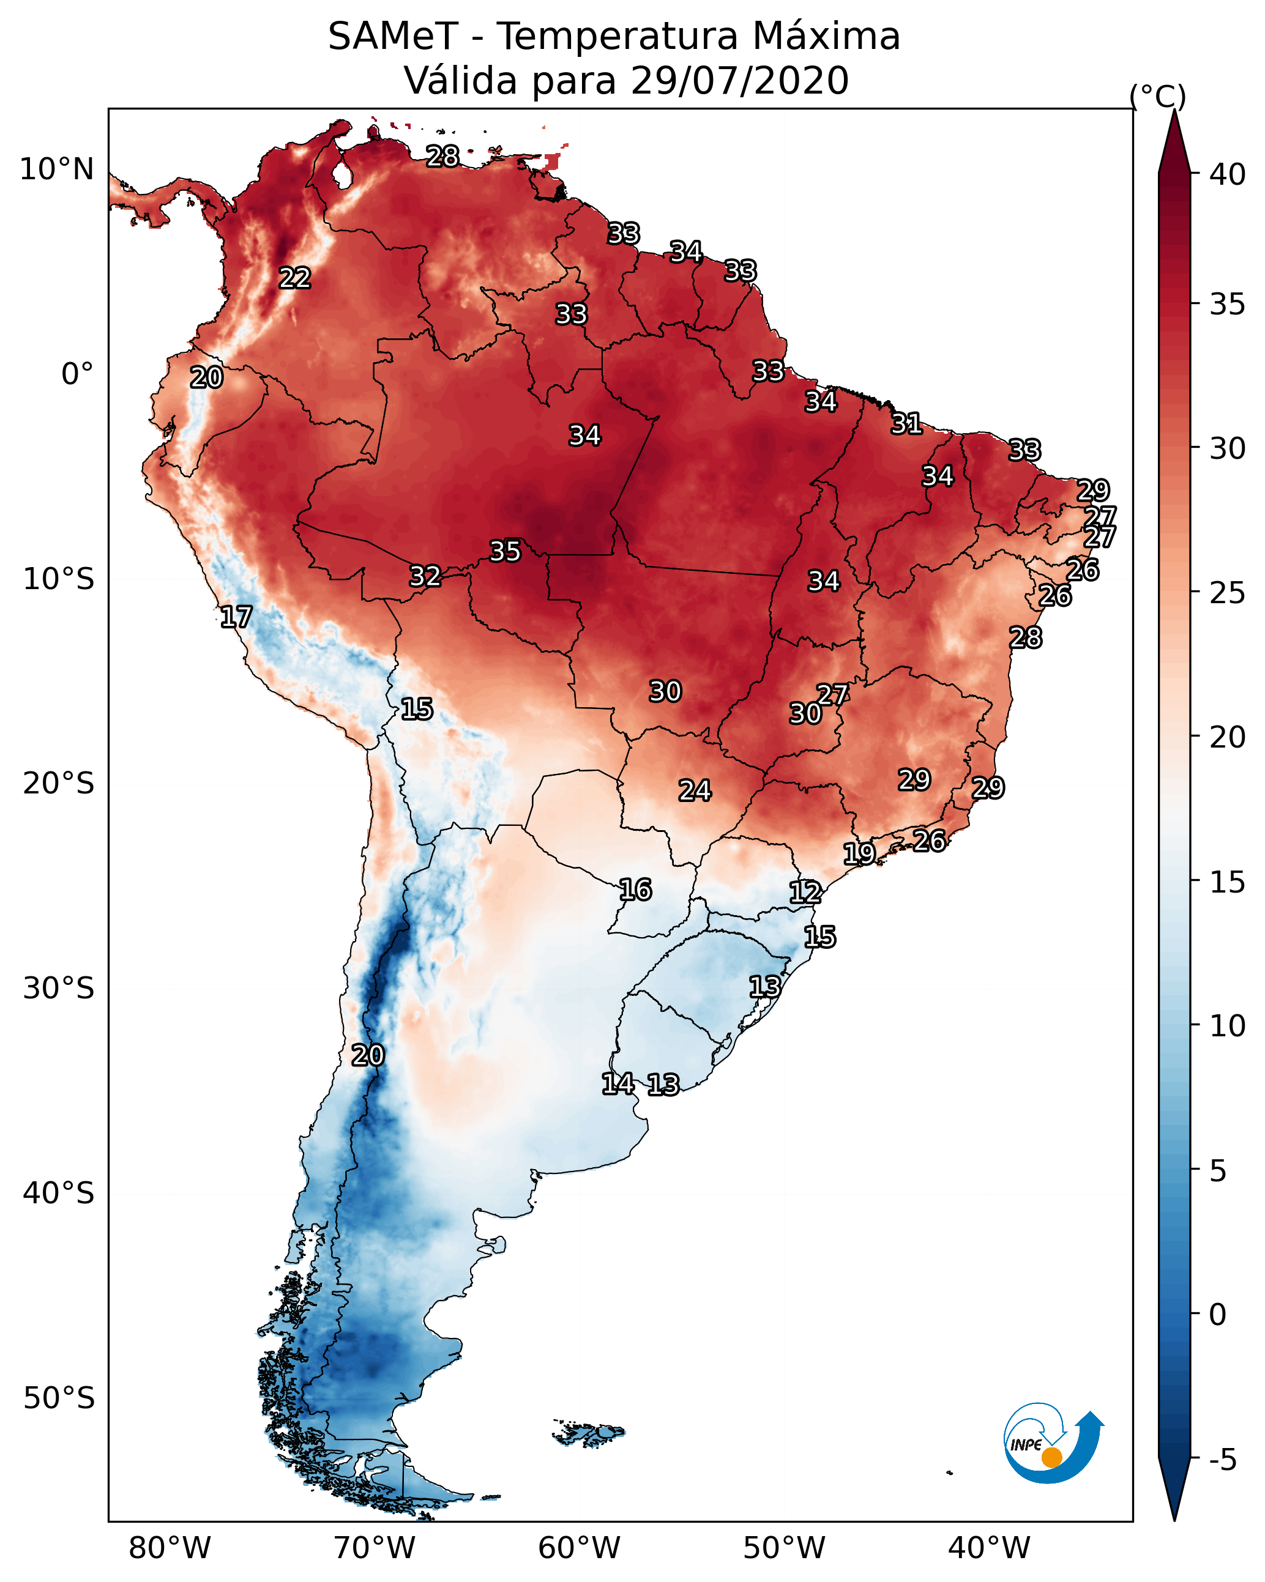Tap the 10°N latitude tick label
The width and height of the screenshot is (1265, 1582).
coord(56,169)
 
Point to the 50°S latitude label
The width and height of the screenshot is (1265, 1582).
coord(59,1398)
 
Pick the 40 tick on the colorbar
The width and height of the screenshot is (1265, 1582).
coord(1228,174)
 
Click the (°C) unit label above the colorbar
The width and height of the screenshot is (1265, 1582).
coord(1157,96)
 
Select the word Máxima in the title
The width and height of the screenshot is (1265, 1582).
coord(826,37)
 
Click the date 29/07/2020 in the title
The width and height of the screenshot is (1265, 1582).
coord(739,81)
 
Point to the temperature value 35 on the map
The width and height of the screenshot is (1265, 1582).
coord(505,551)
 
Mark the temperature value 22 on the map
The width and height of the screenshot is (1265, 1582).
coord(295,278)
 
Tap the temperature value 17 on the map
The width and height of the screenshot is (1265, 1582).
coord(236,617)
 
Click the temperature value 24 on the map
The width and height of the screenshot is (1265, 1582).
coord(695,791)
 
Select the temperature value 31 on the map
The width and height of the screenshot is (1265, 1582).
coord(907,423)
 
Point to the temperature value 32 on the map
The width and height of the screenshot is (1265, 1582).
coord(425,576)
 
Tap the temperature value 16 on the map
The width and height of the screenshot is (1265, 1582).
coord(635,890)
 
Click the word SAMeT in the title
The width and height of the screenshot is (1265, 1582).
coord(394,37)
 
